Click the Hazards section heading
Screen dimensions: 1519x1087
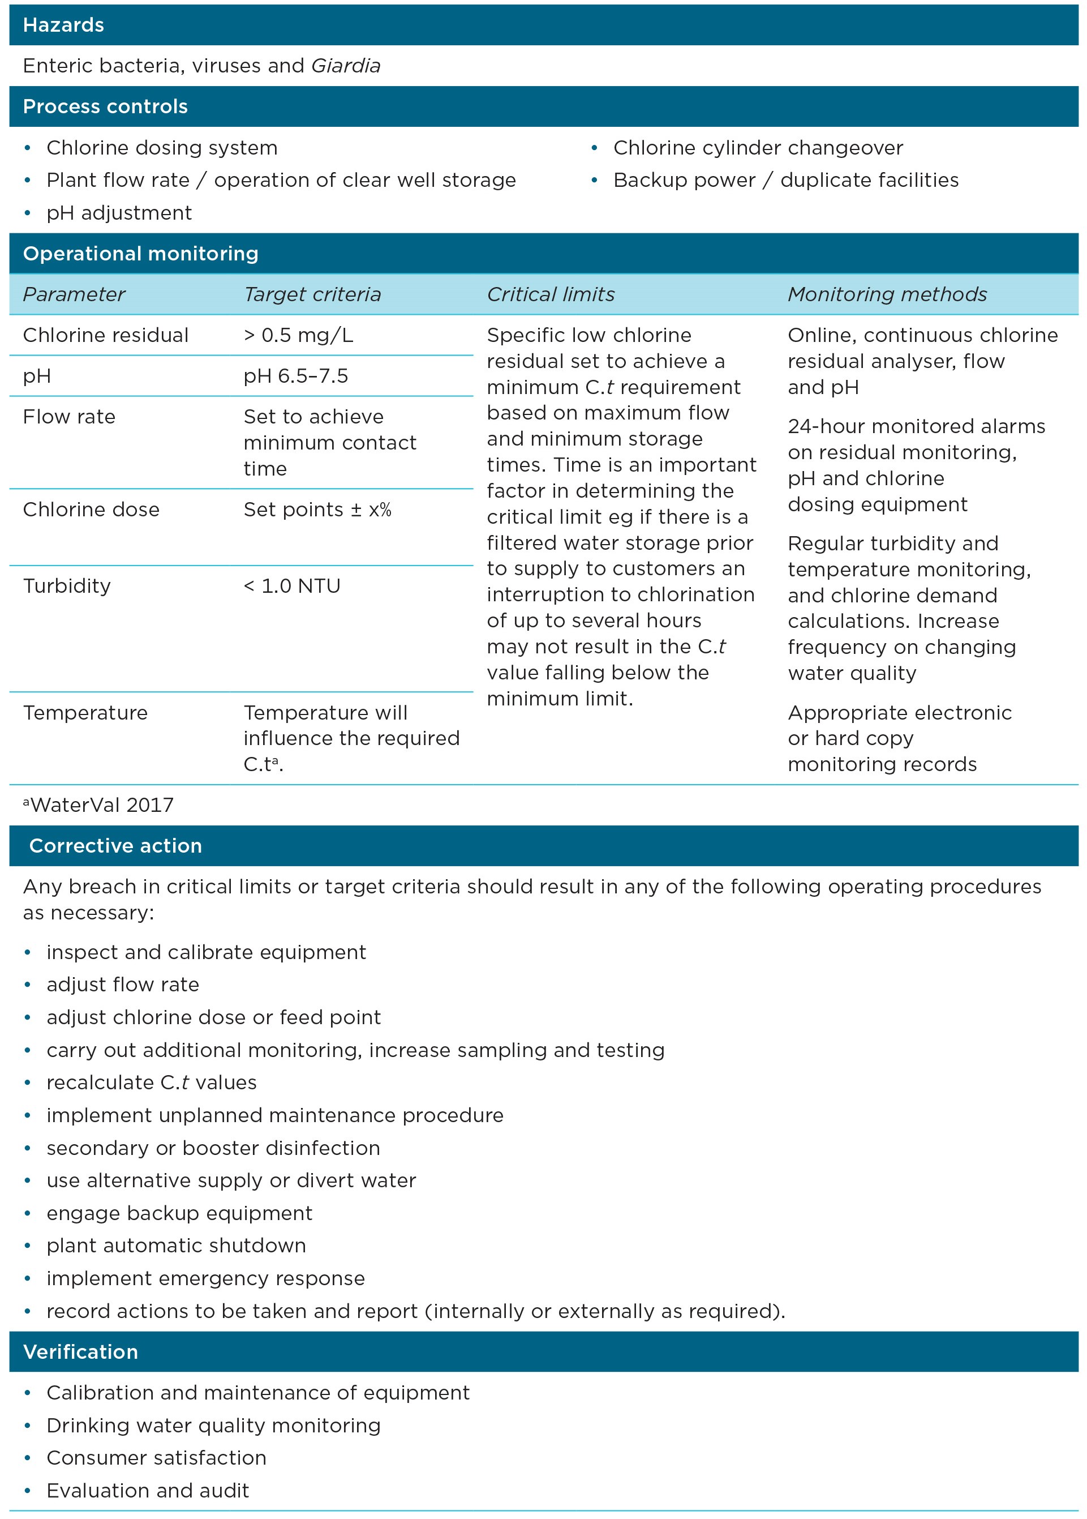[63, 25]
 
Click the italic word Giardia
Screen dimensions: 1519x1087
[345, 66]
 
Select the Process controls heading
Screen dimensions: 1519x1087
[105, 106]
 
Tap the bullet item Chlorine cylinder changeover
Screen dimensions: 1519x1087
[758, 147]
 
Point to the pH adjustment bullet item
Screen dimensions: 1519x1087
[118, 213]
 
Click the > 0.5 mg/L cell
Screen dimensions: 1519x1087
[298, 335]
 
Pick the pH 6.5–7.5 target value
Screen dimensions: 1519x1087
[295, 376]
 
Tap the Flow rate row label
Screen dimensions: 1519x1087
[69, 417]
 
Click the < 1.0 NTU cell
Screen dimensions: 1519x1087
[292, 586]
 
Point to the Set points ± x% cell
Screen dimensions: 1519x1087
[317, 510]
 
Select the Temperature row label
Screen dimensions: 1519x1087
[85, 713]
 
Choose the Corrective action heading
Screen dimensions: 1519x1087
[115, 846]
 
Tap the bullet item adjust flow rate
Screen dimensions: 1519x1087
[122, 985]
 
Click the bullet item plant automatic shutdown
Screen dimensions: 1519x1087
[176, 1246]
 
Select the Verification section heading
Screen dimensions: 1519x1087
[80, 1351]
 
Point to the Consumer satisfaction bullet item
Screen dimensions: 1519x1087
[156, 1458]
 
